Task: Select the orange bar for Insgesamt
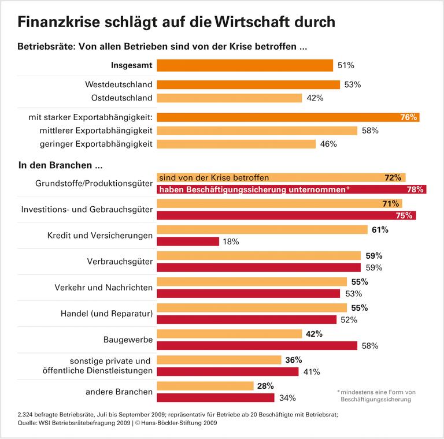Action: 245,65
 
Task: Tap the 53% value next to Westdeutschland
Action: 352,85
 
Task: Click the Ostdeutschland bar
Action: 230,98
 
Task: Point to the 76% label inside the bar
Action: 408,117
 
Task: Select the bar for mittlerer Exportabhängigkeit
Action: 257,131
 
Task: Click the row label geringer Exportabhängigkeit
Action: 96,144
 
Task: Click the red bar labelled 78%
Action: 291,189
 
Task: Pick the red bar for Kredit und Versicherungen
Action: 188,241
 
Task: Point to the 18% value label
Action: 230,241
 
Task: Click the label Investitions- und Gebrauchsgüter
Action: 87,209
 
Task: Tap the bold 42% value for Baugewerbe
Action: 314,334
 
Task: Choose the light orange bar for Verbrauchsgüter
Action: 257,256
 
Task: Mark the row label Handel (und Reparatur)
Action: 106,314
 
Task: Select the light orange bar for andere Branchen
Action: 205,386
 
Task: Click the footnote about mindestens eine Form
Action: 376,396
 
